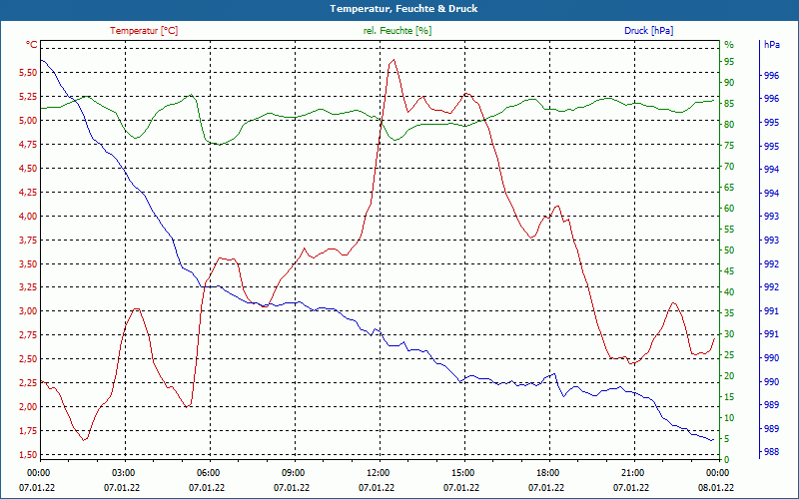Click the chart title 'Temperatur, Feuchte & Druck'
399,8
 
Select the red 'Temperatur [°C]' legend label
144,31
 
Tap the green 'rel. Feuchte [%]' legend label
398,31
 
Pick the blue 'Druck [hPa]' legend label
650,31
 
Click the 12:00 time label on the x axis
379,471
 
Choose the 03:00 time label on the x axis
124,471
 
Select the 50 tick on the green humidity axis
729,250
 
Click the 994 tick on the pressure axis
771,170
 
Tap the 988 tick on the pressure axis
771,451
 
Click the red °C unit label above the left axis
32,45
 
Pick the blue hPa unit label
771,45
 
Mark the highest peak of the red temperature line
394,60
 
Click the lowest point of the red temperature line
85,440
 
